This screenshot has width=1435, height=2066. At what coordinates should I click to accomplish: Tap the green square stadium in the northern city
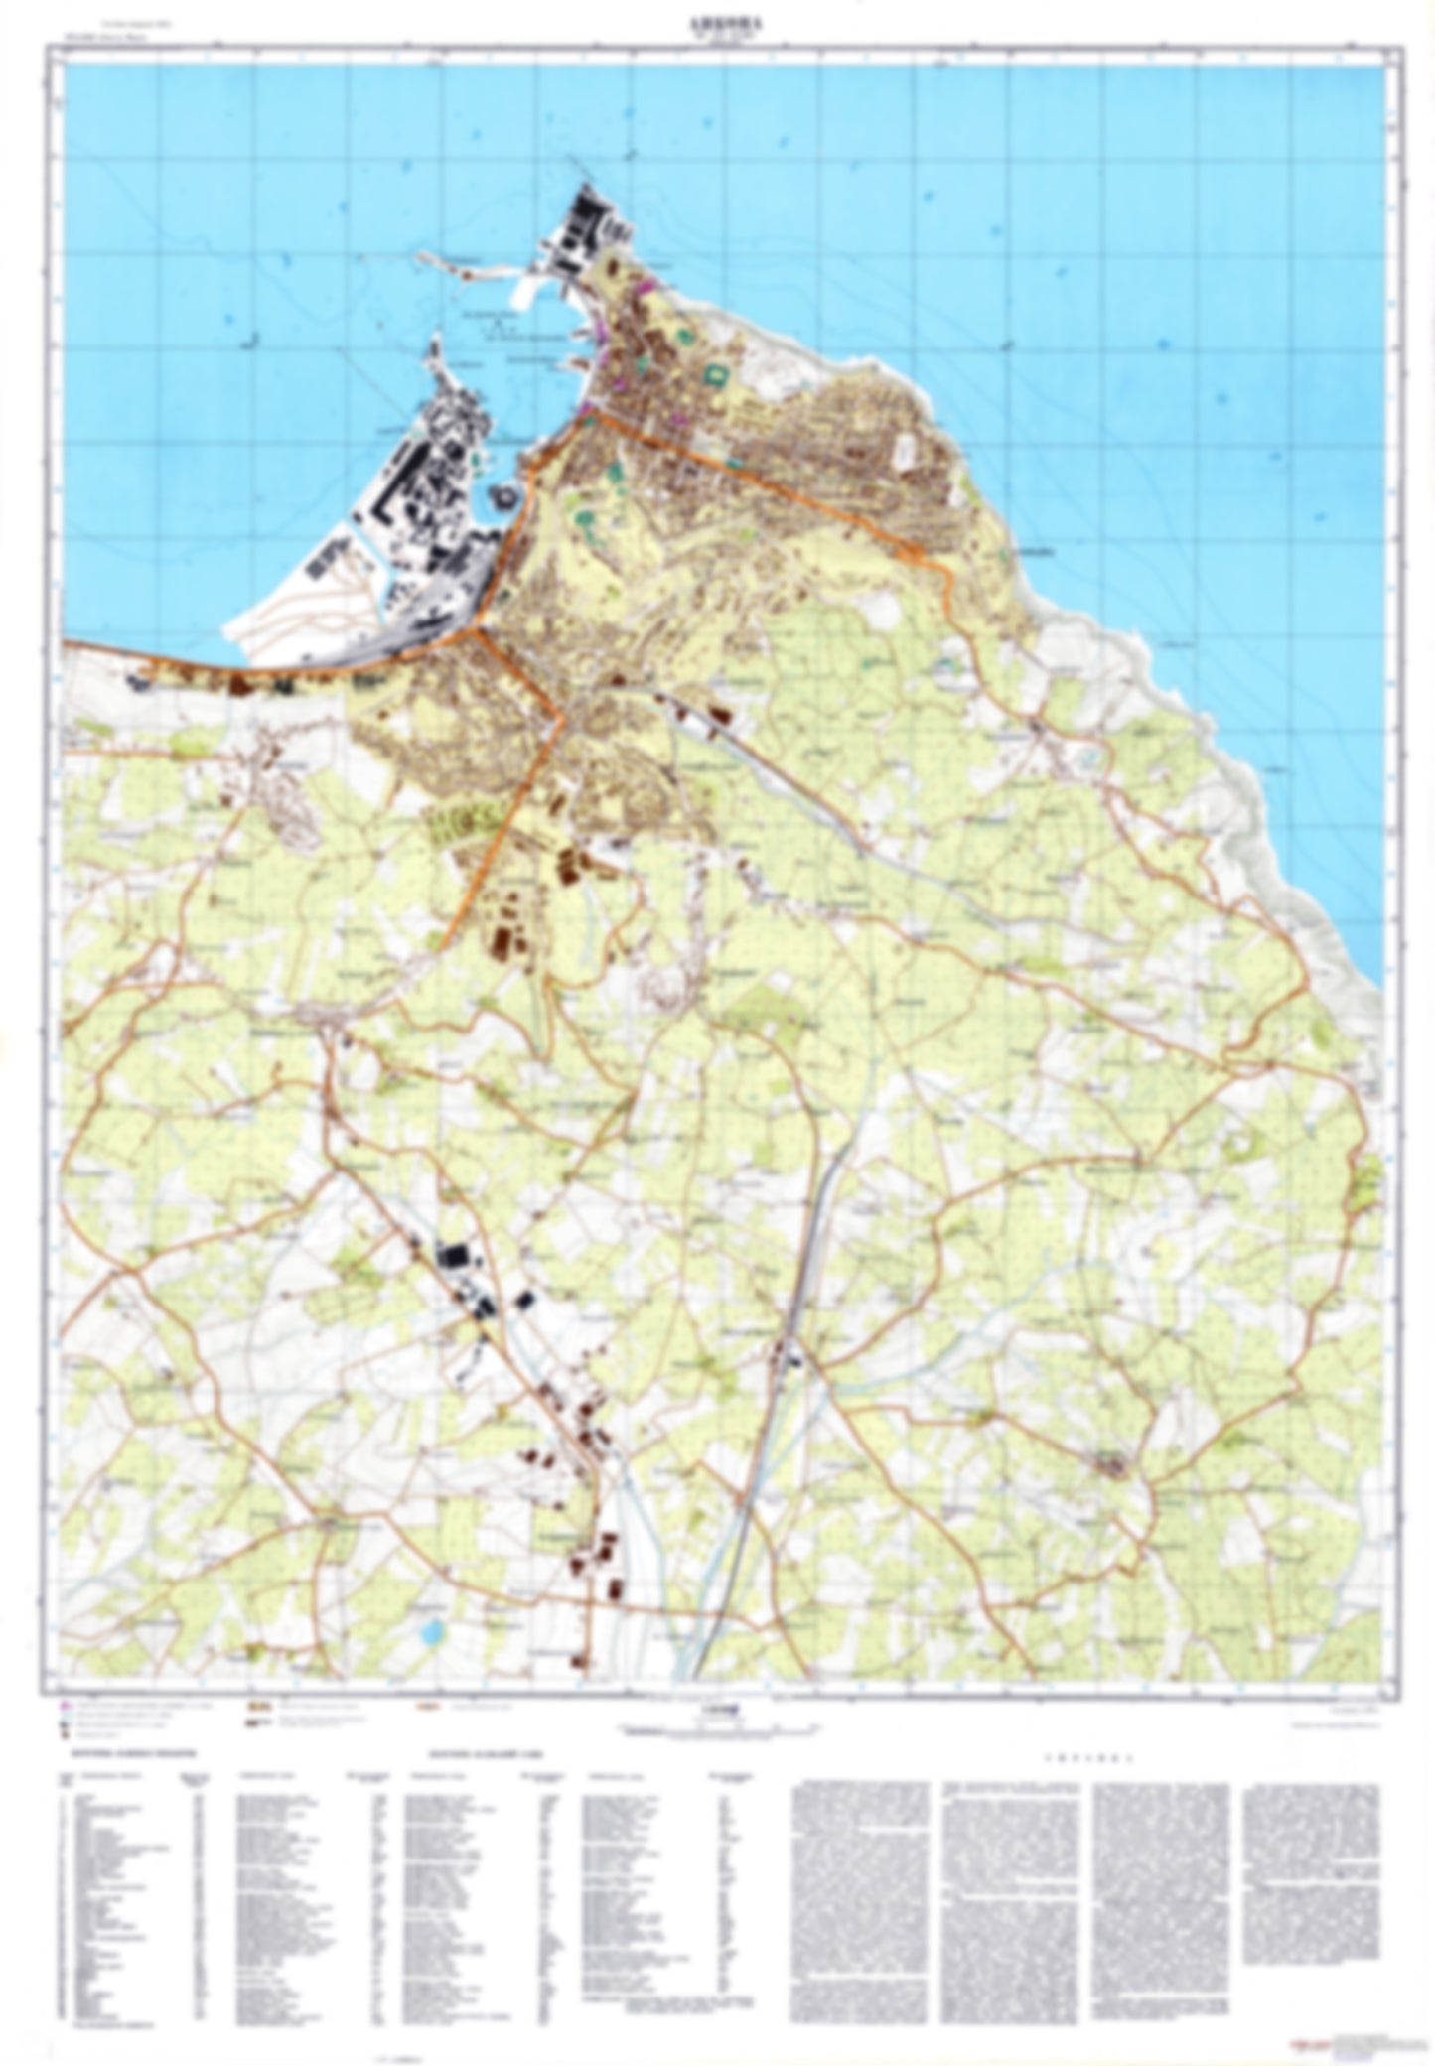pos(714,374)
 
